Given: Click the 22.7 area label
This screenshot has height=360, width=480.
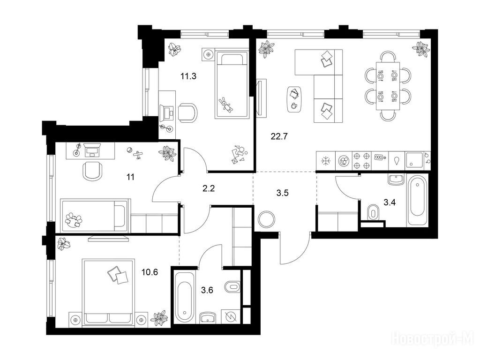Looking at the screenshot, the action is click(x=279, y=136).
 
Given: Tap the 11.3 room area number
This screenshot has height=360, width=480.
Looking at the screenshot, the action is click(x=188, y=76).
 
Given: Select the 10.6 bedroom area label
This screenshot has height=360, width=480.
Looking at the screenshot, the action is click(x=150, y=271).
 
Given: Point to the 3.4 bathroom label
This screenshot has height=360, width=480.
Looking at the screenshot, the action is click(x=390, y=202).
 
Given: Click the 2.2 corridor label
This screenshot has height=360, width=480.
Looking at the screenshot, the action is click(x=209, y=188).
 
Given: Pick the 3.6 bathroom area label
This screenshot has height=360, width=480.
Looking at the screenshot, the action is click(x=207, y=290).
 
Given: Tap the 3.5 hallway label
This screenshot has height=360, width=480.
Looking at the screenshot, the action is click(x=282, y=193).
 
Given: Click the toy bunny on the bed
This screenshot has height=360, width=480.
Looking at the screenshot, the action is click(x=226, y=105).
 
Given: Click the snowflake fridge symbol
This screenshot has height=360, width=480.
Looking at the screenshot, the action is click(x=325, y=161).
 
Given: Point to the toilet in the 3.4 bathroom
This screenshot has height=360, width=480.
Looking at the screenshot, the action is click(x=372, y=212).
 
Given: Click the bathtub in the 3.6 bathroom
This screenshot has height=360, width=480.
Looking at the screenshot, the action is click(x=185, y=297).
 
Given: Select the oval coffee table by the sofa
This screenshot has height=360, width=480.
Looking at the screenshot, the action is click(x=295, y=99).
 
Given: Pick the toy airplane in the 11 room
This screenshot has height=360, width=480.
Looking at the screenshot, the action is click(x=139, y=155).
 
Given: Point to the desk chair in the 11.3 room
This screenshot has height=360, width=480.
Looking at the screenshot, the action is click(x=187, y=112).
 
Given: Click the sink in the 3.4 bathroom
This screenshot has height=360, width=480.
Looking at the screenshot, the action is click(x=397, y=180).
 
